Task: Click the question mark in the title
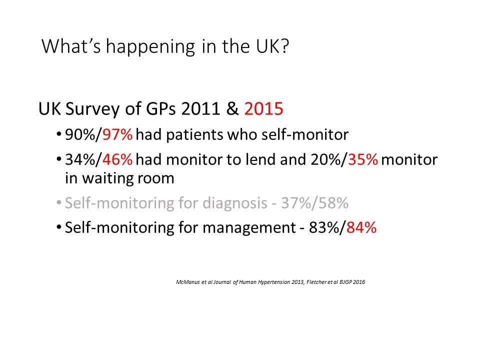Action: click(284, 46)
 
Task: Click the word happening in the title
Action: click(150, 47)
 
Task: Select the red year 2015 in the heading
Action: click(263, 108)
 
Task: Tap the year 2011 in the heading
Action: click(200, 108)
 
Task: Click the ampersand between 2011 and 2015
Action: click(232, 108)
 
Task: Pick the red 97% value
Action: click(117, 134)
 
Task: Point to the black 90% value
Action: click(80, 134)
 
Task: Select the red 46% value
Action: click(117, 159)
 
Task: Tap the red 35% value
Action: click(363, 159)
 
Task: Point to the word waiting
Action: click(108, 178)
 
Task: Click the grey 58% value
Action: click(333, 203)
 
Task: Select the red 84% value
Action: click(361, 227)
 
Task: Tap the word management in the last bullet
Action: click(249, 228)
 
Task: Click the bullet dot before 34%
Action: click(59, 160)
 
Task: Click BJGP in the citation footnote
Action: click(345, 282)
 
